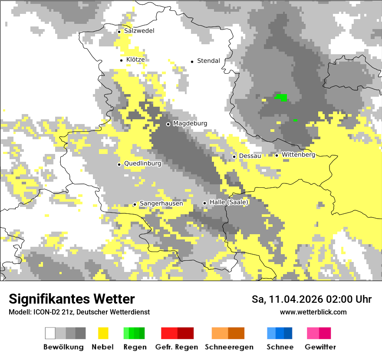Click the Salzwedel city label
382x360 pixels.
pos(139,31)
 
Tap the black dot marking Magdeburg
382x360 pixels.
pos(168,124)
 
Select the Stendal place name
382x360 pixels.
pos(208,61)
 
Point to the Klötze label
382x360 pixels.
pos(135,60)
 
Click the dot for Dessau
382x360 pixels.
pos(234,157)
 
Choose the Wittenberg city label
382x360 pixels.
pos(298,155)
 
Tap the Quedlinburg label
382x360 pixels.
pos(142,164)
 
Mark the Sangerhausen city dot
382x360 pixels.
pos(135,204)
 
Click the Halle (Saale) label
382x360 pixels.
pos(229,203)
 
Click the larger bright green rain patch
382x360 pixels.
pos(282,97)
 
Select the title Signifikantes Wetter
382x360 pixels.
pos(72,299)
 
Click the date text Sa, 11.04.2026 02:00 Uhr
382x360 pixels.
pos(311,299)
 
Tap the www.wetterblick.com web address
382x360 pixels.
pos(313,312)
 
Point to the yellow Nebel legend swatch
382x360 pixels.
pos(103,333)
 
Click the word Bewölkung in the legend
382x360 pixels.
pos(63,347)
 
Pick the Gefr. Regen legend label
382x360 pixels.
pos(176,347)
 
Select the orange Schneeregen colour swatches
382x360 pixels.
pos(228,333)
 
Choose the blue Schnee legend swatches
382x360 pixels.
pos(280,333)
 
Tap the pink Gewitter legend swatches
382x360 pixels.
pos(319,333)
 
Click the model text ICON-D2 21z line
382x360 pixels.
pos(79,312)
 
